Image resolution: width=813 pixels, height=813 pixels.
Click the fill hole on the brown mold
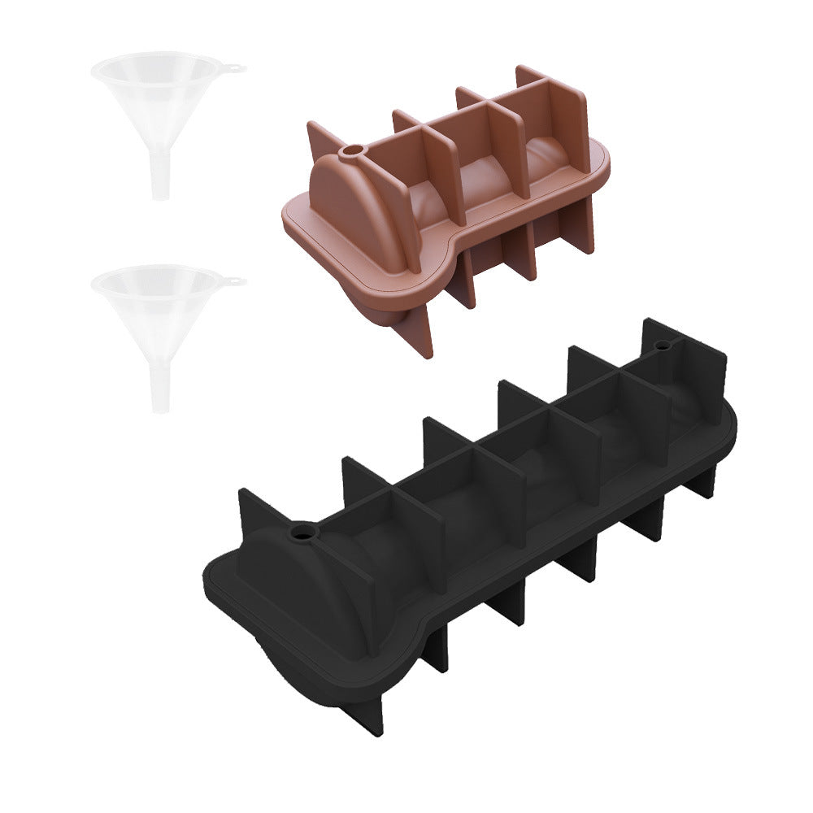click(x=353, y=152)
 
